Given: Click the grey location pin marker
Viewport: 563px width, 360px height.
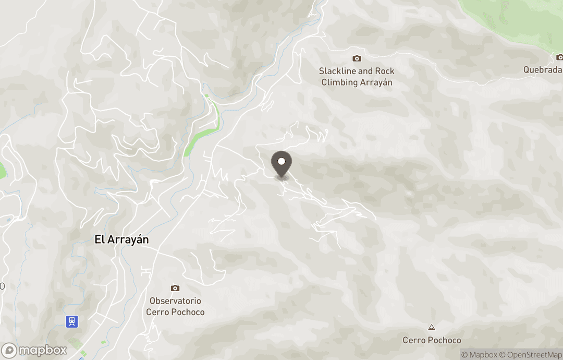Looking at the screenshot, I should tap(282, 163).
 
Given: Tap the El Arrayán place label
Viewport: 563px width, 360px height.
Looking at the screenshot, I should tap(121, 239).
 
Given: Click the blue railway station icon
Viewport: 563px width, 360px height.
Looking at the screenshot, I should tap(72, 321).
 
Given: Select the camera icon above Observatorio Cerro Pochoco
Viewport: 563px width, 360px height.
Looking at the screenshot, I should tap(175, 288).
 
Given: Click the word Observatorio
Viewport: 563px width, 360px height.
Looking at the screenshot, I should tap(175, 301).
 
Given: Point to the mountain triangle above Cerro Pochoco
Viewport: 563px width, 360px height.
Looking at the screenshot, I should tap(431, 328).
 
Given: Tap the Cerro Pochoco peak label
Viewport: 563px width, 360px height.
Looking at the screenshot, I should tap(432, 340).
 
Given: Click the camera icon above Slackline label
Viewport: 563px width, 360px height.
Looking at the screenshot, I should tap(357, 58).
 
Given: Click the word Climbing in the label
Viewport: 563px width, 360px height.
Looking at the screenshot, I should tap(339, 82).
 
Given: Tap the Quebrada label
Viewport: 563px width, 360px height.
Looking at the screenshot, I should tap(543, 70).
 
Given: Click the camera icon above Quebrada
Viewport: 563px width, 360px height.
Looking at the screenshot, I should tap(559, 57).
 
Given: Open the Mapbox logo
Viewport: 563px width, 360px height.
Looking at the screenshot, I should tap(34, 350).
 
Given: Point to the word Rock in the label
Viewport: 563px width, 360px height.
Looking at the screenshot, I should tap(384, 71).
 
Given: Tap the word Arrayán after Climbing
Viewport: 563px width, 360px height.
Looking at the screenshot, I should tap(376, 82).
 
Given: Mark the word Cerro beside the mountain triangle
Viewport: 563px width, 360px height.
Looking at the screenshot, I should tap(414, 340).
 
